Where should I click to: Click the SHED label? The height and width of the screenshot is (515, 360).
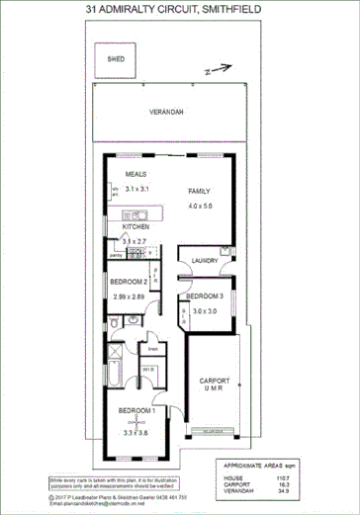tap(115, 59)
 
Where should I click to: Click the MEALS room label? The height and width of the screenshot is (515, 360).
tap(135, 174)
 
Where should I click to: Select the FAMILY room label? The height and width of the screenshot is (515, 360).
tap(201, 191)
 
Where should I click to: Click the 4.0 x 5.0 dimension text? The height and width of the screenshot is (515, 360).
tap(201, 206)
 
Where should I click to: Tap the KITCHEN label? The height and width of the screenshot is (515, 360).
tap(135, 226)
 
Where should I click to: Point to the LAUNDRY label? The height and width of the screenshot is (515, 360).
tap(205, 261)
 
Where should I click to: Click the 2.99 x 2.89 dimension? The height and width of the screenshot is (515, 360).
tap(129, 297)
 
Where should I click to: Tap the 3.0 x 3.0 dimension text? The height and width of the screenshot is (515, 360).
tap(205, 311)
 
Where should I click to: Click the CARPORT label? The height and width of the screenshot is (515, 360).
tap(215, 381)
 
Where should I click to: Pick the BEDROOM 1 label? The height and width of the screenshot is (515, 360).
tap(135, 410)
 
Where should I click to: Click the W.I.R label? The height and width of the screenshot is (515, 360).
tap(147, 371)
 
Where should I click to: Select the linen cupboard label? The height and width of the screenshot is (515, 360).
tap(152, 349)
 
